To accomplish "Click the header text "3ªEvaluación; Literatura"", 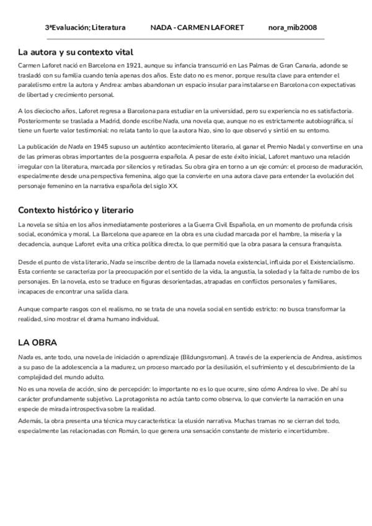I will click(85, 28).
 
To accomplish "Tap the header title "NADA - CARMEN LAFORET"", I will click(197, 28).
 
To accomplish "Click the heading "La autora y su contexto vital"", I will click(76, 52).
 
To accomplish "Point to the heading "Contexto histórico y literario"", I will click(76, 210).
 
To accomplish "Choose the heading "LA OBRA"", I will click(38, 342).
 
